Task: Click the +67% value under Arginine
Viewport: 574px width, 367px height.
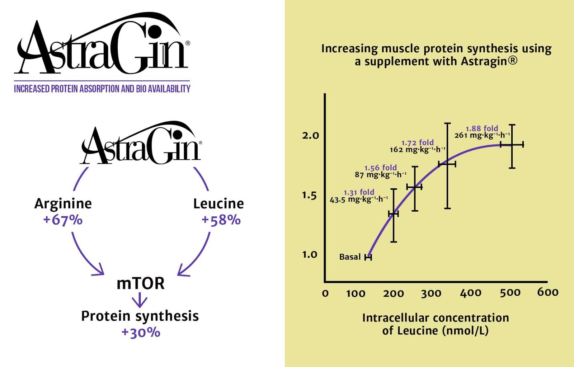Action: pos(63,220)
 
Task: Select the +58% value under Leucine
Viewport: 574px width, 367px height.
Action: pos(221,220)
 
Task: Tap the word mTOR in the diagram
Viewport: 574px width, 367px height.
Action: pos(140,283)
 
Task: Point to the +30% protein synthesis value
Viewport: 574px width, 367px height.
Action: pos(141,332)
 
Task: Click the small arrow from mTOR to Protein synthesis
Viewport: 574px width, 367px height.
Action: pos(140,300)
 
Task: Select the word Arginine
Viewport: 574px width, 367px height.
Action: pos(63,203)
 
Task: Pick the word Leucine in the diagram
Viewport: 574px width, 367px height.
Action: pos(218,203)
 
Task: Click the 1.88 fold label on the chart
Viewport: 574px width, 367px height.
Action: pos(482,128)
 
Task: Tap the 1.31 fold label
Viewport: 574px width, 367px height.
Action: pos(359,192)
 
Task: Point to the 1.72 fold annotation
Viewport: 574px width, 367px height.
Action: pos(417,142)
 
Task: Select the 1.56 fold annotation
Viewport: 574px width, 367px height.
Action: pos(380,168)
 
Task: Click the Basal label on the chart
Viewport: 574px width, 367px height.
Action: pos(350,257)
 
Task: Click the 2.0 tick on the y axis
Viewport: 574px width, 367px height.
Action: pos(310,136)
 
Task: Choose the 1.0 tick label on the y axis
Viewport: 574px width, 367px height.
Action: pos(310,255)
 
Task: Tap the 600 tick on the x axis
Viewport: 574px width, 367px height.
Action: pos(547,292)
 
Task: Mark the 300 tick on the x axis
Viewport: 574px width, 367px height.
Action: pos(431,294)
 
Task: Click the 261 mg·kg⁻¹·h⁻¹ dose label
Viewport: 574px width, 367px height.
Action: pos(482,136)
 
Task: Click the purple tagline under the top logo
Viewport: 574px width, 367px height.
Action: pos(102,89)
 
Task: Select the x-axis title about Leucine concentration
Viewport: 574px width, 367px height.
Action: pos(435,324)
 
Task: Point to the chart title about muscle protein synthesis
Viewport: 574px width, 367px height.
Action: pos(436,55)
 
